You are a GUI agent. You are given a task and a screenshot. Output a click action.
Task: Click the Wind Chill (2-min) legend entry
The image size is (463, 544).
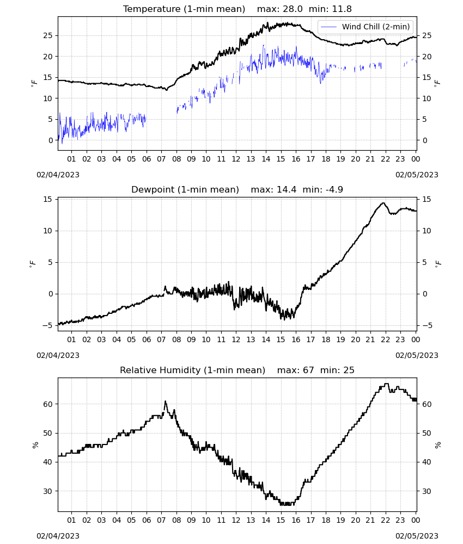click(365, 27)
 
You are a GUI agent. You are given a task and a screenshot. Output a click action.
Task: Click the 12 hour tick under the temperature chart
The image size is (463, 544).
click(236, 159)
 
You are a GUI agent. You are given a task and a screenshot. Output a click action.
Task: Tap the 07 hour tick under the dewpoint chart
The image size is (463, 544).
click(161, 339)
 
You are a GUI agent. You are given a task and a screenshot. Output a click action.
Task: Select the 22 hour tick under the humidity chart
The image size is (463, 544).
click(385, 520)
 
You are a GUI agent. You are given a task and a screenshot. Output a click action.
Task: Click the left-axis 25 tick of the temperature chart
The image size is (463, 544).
click(47, 35)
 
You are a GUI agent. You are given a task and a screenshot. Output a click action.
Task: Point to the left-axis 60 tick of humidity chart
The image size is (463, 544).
click(47, 404)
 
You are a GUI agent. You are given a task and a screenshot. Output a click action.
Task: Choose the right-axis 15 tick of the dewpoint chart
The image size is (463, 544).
click(427, 199)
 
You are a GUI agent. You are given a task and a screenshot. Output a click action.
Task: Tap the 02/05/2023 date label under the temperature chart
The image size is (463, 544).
click(417, 175)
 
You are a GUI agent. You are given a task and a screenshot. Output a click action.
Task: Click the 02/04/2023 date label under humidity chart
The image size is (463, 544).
click(58, 536)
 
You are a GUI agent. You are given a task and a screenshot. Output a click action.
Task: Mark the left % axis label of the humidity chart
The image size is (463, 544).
click(35, 445)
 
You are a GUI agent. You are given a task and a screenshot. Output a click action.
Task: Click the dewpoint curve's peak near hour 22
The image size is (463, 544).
click(383, 203)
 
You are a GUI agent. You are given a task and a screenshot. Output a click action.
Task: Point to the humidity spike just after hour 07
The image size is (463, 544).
click(166, 401)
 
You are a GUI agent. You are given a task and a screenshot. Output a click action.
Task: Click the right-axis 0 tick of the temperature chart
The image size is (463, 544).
click(424, 140)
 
